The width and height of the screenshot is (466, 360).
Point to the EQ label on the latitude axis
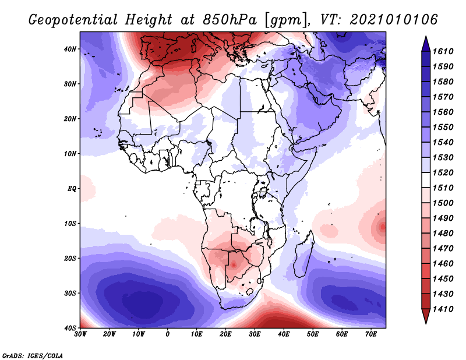[x=72, y=189]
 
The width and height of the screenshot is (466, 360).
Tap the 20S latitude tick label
[x=70, y=258]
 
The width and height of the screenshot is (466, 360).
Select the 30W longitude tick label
[x=80, y=334]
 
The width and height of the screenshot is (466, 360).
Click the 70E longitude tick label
[x=371, y=334]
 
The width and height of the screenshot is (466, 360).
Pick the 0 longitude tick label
[x=168, y=334]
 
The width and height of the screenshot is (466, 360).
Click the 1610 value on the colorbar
[x=444, y=51]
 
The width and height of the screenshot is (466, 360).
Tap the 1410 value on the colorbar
[x=444, y=309]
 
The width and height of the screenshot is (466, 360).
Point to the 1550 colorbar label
[x=444, y=127]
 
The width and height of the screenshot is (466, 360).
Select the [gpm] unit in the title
[x=286, y=19]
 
